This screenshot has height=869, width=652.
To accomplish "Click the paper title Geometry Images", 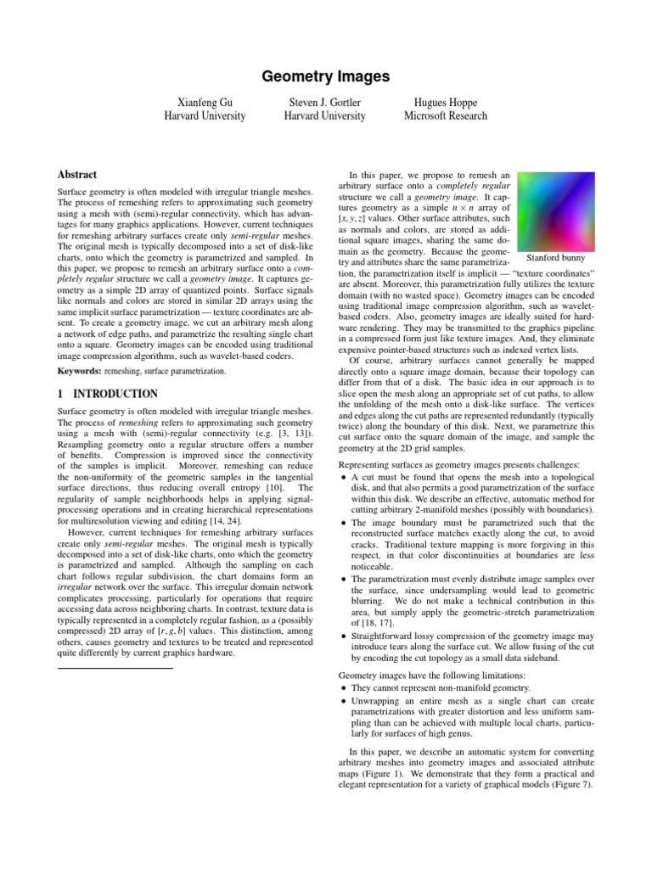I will click(325, 77).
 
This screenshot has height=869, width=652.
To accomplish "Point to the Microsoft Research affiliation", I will click(445, 116).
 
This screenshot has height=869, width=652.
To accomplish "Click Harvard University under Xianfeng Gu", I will click(205, 116).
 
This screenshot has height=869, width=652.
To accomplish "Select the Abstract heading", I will click(77, 174).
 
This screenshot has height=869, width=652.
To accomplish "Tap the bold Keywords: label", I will click(79, 371).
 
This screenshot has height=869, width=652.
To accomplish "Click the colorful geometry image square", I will click(556, 208).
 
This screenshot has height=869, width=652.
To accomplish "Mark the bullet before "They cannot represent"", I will click(343, 687).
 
